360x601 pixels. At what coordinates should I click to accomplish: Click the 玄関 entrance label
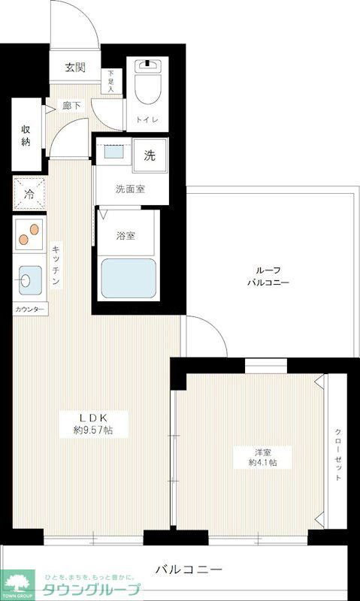coord(74,68)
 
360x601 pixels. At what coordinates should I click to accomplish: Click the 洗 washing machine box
coord(150,156)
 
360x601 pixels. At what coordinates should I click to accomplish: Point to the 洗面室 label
coord(130,189)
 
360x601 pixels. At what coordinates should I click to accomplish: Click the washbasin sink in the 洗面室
coord(114,152)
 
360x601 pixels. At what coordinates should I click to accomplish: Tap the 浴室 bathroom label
coord(126,235)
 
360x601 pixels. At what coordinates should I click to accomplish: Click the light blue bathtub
coord(128,279)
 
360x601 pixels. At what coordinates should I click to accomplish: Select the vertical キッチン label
coord(56,265)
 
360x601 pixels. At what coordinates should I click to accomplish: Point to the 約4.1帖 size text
coord(262,463)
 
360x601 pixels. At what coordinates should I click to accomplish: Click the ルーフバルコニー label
coord(268,276)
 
